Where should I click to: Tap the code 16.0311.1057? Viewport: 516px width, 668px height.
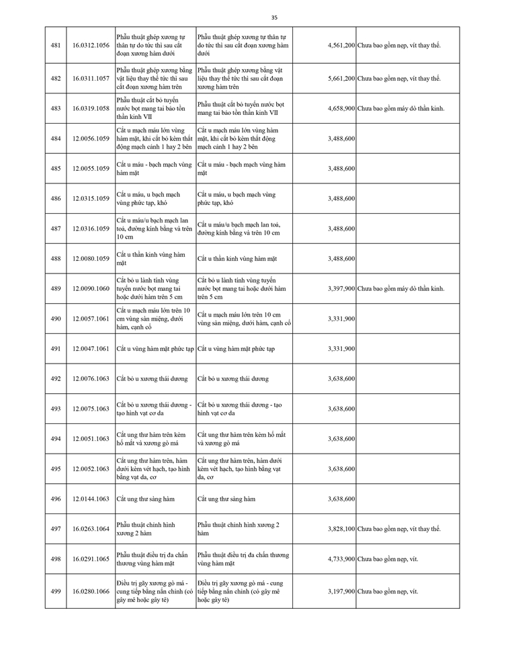[x=90, y=79]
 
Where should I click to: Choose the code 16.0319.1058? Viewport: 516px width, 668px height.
[x=90, y=108]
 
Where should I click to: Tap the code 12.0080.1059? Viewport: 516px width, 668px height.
[x=90, y=259]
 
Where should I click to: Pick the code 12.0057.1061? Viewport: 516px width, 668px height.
[x=90, y=319]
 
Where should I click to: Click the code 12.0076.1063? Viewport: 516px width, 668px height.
[x=90, y=379]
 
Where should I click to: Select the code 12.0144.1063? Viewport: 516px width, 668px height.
[x=90, y=499]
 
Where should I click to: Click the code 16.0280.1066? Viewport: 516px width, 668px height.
[x=90, y=591]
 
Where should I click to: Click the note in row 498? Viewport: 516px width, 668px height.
[x=388, y=559]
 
